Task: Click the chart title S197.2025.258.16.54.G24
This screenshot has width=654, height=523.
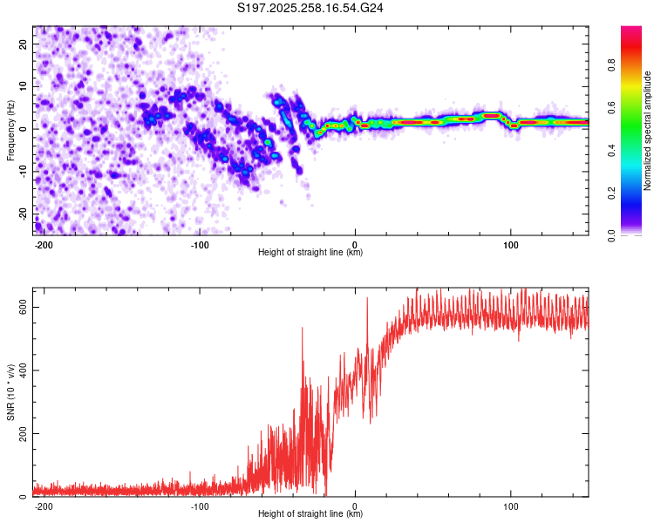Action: tap(311, 9)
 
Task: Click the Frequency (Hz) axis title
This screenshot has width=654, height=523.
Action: tap(10, 129)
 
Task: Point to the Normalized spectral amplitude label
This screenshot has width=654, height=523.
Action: tap(648, 131)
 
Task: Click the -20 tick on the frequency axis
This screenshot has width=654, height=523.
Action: tap(24, 214)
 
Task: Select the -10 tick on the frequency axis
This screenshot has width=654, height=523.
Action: tap(24, 171)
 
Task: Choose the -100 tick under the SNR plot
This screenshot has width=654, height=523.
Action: tap(200, 506)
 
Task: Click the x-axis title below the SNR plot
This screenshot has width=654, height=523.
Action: tap(310, 514)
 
